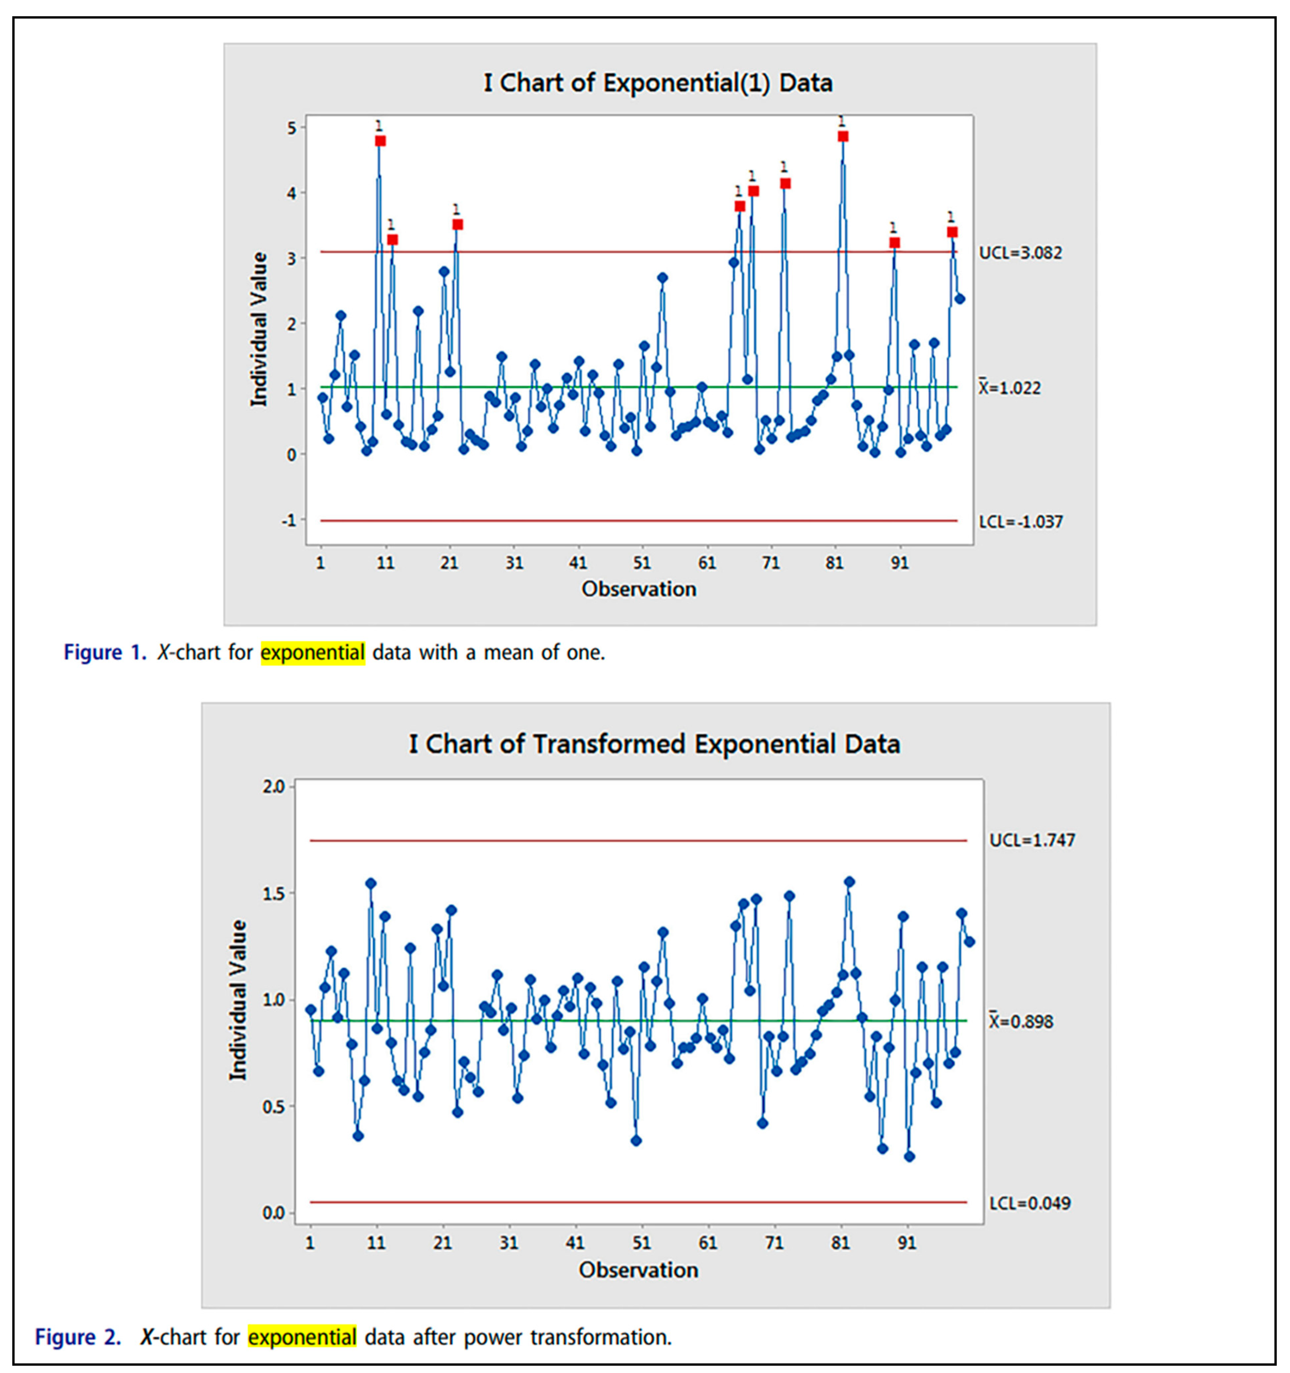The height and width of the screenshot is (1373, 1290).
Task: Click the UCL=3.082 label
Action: point(1020,253)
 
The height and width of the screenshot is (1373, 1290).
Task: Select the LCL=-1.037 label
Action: point(1020,522)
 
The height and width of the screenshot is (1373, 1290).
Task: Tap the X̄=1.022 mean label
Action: point(1009,388)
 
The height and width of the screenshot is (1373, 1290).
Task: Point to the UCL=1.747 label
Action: point(1032,841)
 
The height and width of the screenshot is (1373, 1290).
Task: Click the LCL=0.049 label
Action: point(1030,1203)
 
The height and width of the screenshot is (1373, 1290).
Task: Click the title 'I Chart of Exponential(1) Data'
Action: point(657,83)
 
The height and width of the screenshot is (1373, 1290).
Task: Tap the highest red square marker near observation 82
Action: point(843,137)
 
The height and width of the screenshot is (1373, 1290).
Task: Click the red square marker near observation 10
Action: point(380,141)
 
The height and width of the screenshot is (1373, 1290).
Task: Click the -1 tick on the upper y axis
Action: point(289,520)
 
